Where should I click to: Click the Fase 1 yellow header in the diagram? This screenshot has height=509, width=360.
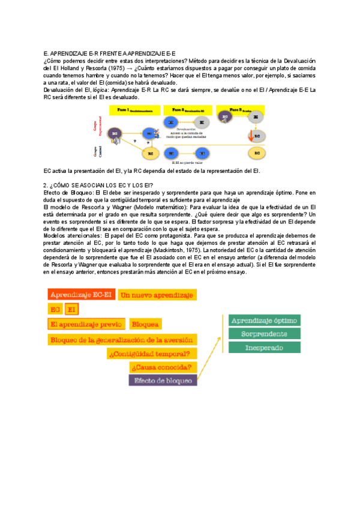click(135, 111)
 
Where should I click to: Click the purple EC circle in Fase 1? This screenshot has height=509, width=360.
click(115, 133)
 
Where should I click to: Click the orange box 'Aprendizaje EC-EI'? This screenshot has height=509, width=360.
click(82, 295)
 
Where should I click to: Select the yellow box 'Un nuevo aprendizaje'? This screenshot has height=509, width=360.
click(156, 295)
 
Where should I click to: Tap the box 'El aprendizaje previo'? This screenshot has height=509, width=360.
click(86, 324)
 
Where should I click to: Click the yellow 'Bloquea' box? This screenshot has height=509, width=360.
click(145, 324)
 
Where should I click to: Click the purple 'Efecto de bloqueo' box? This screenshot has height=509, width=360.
click(163, 380)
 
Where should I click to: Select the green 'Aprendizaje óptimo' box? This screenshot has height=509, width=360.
click(264, 321)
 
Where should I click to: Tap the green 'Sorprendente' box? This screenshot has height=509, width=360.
click(264, 334)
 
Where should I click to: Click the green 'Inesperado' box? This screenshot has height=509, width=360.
click(264, 348)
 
